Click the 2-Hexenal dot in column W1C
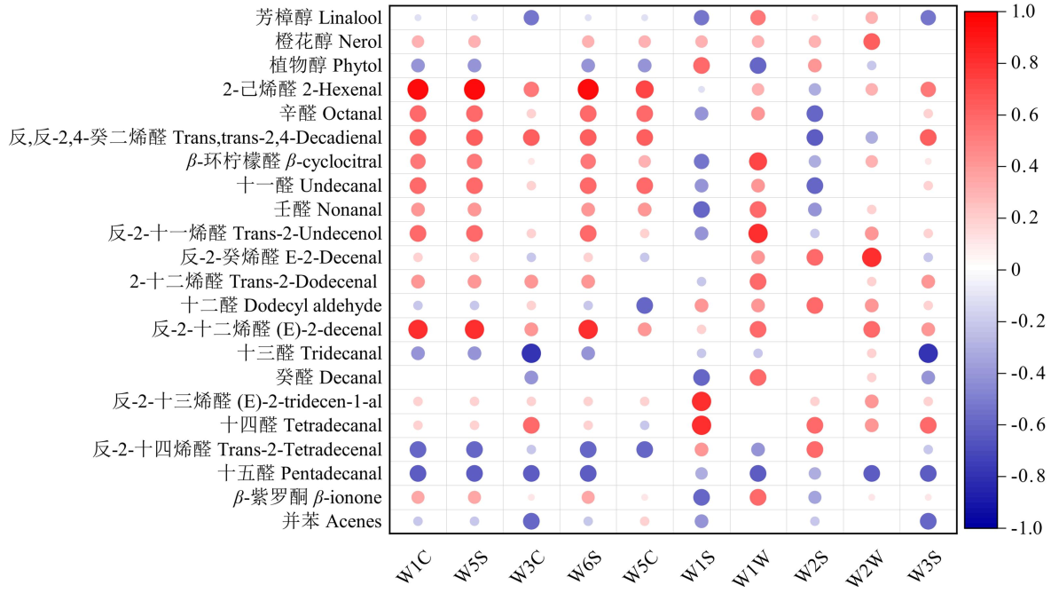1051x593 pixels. pyautogui.click(x=418, y=89)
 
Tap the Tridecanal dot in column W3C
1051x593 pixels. pyautogui.click(x=531, y=353)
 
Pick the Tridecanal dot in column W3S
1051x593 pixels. pyautogui.click(x=928, y=353)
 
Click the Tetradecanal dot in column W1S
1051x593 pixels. pyautogui.click(x=702, y=425)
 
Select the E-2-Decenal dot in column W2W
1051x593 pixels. pyautogui.click(x=871, y=257)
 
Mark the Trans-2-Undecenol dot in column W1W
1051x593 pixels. pyautogui.click(x=757, y=233)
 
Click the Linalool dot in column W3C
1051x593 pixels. pyautogui.click(x=531, y=18)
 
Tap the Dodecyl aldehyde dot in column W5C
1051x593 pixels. pyautogui.click(x=645, y=305)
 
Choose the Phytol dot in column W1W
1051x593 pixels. pyautogui.click(x=757, y=66)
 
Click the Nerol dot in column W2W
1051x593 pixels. pyautogui.click(x=871, y=42)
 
